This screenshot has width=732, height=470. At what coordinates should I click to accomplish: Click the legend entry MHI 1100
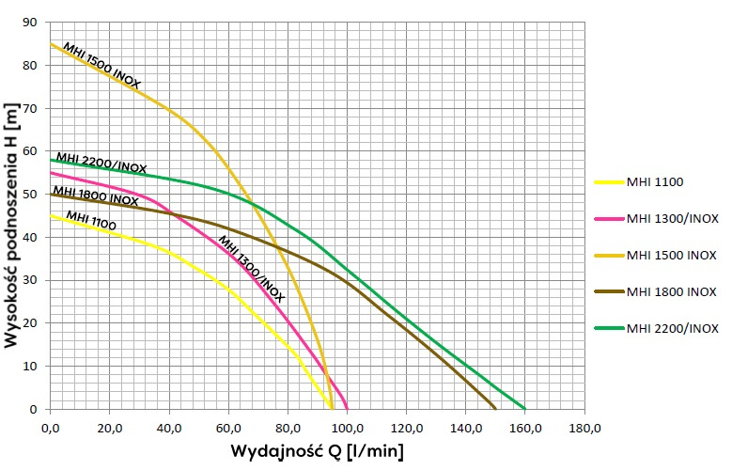[655, 181]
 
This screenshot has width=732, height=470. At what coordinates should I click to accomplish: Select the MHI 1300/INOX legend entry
[672, 218]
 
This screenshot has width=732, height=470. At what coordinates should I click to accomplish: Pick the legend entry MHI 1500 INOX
[670, 255]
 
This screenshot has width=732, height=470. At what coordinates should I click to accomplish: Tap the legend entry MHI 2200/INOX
[672, 328]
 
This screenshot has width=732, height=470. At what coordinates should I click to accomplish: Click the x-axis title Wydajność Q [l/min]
[318, 452]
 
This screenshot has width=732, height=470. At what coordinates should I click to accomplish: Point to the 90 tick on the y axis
[33, 23]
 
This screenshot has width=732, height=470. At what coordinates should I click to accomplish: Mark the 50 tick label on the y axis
[33, 195]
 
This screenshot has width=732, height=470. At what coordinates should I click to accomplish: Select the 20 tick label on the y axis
[33, 323]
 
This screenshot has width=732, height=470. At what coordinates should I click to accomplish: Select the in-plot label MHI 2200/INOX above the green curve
[101, 164]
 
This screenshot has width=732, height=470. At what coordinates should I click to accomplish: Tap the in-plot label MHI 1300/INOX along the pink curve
[250, 268]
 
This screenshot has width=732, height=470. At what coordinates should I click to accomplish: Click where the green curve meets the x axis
[525, 408]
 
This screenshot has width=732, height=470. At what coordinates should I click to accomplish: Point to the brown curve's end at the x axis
[495, 408]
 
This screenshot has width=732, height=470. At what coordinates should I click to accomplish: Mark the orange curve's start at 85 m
[51, 44]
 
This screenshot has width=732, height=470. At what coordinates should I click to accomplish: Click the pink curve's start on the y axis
[51, 173]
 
